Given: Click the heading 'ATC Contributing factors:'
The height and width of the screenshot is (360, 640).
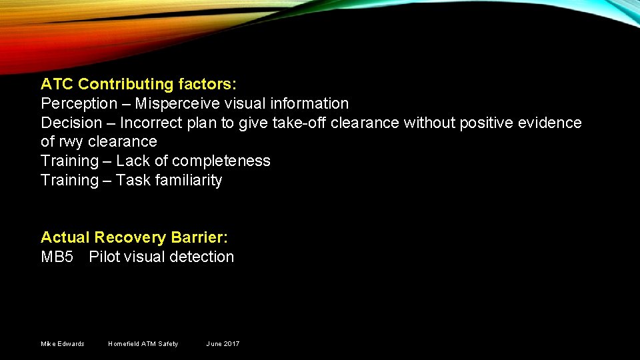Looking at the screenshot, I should click(139, 84).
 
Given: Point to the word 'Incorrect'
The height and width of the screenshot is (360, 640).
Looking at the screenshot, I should click(151, 123).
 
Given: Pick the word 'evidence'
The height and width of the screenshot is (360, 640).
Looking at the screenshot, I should click(552, 123).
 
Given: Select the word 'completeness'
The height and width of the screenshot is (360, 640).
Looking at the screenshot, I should click(221, 161).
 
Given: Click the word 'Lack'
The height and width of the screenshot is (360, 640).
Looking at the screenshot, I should click(133, 161).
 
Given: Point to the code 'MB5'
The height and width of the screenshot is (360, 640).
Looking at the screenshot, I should click(57, 257).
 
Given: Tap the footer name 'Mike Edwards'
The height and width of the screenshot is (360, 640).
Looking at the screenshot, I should click(63, 344).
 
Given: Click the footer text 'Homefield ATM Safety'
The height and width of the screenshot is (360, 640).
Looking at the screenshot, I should click(143, 344).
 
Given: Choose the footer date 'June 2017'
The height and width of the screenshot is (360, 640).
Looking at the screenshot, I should click(223, 344).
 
